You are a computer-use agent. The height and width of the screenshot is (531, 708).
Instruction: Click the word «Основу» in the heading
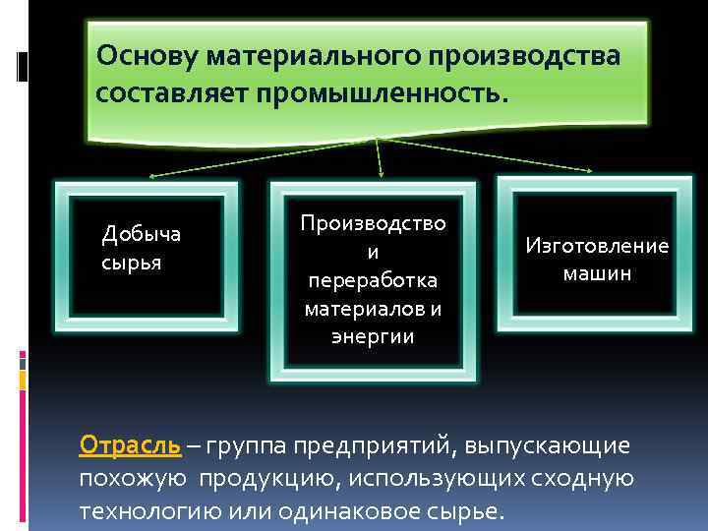(x=148, y=56)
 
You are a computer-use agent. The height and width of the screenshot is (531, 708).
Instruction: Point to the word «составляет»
(x=168, y=94)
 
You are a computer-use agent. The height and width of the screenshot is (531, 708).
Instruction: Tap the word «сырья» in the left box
(x=131, y=264)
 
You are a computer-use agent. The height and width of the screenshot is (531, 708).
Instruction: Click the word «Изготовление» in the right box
(x=597, y=246)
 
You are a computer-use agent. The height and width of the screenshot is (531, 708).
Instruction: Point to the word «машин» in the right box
(x=597, y=273)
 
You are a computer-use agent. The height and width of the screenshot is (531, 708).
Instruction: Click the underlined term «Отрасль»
(x=130, y=445)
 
